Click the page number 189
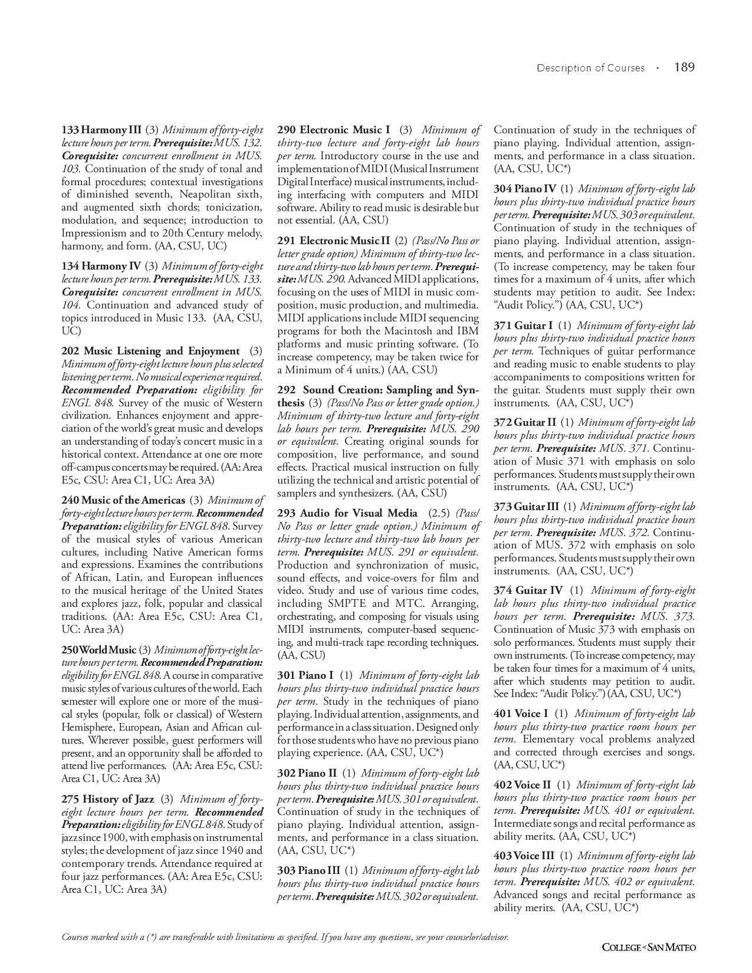(x=684, y=67)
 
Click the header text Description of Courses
(x=590, y=68)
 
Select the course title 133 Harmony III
(x=101, y=130)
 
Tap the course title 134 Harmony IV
(x=101, y=266)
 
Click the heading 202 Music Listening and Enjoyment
(x=150, y=351)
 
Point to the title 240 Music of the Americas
(x=123, y=500)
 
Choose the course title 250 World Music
(x=98, y=650)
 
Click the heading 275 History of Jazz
(x=108, y=799)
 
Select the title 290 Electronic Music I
(x=333, y=130)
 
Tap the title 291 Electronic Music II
(x=334, y=241)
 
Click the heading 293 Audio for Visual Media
(x=347, y=513)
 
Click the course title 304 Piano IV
(x=525, y=189)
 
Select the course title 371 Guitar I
(x=523, y=326)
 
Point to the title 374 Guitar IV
(x=528, y=590)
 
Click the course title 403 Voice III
(x=524, y=856)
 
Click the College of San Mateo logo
(x=649, y=947)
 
